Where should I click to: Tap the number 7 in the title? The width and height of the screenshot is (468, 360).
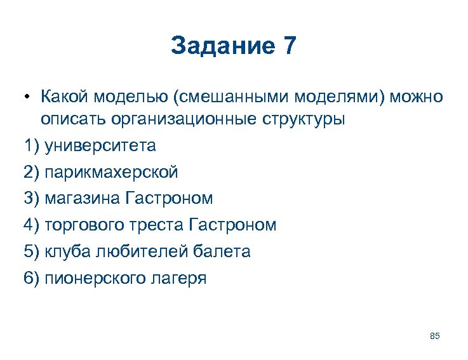pos(288,46)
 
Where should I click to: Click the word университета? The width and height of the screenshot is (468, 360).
pos(100,146)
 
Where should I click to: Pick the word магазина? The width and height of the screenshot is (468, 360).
pos(83,199)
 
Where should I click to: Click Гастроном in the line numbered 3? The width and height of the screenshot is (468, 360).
pos(170,199)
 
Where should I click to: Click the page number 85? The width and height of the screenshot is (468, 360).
pos(435,336)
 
